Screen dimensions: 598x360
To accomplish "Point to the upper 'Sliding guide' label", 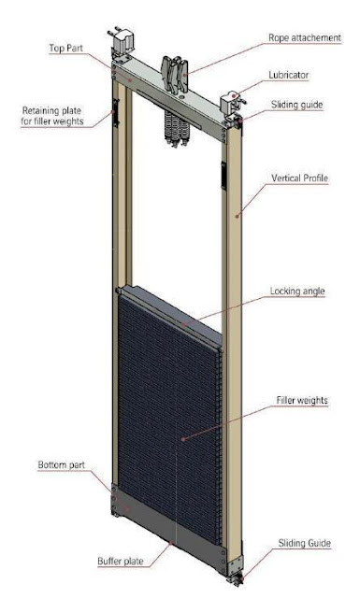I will click(297, 106).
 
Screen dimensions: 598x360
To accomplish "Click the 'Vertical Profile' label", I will click(299, 178).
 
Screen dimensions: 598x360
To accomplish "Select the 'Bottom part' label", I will click(61, 464).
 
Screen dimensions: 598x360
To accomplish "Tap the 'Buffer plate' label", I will click(122, 562).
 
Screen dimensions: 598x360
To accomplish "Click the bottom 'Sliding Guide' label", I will click(305, 542).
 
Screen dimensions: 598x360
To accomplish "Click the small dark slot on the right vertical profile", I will click(223, 172).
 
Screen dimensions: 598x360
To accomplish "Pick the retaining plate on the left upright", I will click(116, 114).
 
